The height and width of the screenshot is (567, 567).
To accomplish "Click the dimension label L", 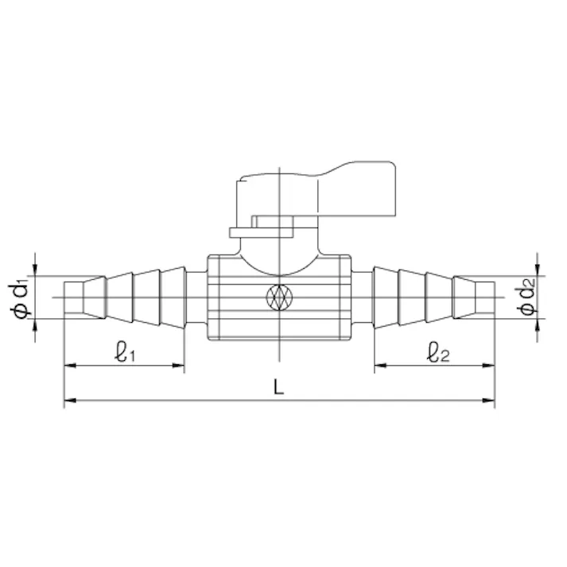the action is point(278,386).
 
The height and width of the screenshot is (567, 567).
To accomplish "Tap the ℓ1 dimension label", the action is point(125,351).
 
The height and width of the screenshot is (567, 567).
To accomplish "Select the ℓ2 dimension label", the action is point(438,351).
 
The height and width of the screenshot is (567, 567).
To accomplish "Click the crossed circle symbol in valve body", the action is point(279,297).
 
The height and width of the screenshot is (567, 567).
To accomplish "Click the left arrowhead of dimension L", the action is point(70,400).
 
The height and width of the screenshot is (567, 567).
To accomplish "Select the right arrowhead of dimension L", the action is point(488,400).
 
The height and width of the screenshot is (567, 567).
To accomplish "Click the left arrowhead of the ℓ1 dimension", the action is point(70,366).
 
